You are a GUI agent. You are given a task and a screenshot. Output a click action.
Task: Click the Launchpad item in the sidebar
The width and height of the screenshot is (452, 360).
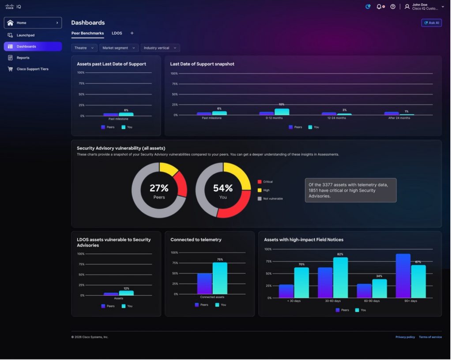click(25, 35)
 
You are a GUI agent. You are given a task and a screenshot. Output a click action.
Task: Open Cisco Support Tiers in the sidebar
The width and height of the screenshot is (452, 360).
click(32, 69)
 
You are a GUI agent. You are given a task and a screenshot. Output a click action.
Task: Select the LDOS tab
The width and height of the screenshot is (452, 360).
click(117, 33)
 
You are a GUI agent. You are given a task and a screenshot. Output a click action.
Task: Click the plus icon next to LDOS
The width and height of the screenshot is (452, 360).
click(132, 33)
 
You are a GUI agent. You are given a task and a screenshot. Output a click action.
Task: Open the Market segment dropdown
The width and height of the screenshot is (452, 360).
click(119, 48)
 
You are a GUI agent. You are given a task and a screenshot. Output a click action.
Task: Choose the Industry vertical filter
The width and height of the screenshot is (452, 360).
click(160, 48)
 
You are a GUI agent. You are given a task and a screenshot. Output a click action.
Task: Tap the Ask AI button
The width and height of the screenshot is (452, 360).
click(432, 23)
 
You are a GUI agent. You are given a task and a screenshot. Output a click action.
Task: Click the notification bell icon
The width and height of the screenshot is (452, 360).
click(379, 7)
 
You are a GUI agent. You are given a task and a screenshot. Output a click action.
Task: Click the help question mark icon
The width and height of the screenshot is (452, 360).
click(393, 7)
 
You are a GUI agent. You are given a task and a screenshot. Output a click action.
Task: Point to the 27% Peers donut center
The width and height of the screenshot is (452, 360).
click(159, 191)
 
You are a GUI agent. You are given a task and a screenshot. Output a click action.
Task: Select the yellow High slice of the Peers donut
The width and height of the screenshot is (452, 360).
click(169, 169)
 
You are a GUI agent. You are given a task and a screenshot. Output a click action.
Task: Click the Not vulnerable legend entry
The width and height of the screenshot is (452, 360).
click(270, 199)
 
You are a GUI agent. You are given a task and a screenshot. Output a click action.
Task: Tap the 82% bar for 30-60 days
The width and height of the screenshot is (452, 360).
click(340, 277)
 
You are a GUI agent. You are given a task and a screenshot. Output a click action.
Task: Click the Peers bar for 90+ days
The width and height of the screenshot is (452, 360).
click(403, 276)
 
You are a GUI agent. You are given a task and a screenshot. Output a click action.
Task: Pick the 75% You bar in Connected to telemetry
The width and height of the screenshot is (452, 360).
click(220, 278)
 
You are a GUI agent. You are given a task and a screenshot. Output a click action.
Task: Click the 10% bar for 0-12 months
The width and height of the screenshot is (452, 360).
click(282, 112)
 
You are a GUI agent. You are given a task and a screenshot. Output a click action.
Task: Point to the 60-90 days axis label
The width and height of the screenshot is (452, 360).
click(372, 301)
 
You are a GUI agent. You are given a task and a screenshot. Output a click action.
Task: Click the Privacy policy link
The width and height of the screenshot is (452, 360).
click(405, 337)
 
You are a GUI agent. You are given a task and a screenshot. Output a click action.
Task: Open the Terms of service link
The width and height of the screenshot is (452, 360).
click(430, 337)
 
